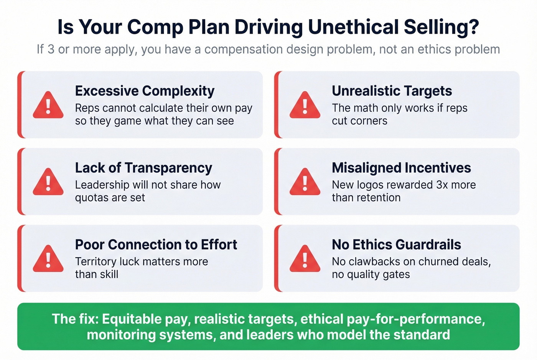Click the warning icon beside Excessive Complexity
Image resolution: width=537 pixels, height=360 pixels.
tap(48, 105)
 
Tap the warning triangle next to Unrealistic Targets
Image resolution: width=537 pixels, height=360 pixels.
tap(305, 105)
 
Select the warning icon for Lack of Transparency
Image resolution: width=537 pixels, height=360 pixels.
tap(48, 182)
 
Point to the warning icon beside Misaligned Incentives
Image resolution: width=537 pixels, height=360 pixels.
tap(305, 182)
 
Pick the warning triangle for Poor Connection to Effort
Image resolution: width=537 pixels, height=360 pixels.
tap(48, 259)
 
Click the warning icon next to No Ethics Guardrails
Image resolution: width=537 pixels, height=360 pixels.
tap(305, 259)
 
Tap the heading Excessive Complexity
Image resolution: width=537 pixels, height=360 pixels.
tap(145, 91)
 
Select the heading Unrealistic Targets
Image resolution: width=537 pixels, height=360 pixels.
tap(392, 91)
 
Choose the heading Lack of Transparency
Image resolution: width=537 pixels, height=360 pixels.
tap(143, 168)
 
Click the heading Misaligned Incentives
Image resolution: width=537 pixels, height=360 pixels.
tap(401, 168)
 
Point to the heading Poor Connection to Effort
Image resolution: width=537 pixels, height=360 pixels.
tap(156, 245)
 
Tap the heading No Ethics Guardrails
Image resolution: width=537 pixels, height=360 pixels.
tap(396, 245)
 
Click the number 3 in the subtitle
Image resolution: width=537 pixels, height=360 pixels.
tap(51, 49)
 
